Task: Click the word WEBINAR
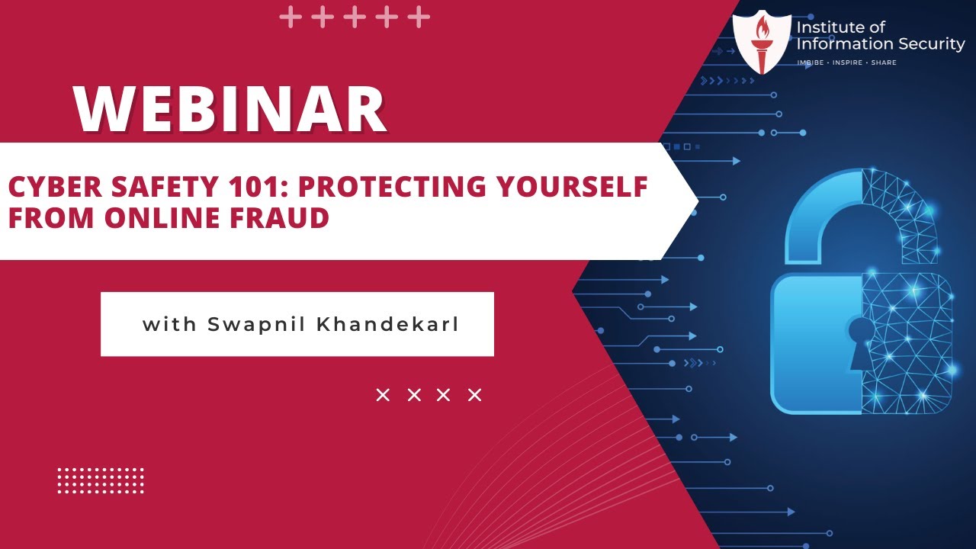coord(230,109)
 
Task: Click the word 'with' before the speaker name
coord(170,324)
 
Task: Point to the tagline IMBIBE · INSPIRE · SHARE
coord(846,63)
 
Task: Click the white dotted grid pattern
coord(101,480)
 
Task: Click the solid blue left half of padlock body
coord(816,343)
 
